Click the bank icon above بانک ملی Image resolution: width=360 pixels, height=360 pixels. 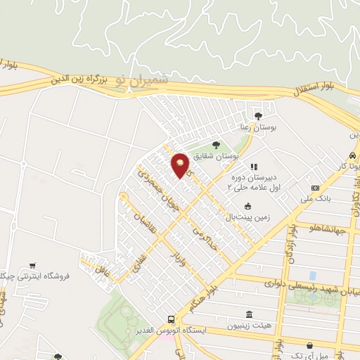point(315,188)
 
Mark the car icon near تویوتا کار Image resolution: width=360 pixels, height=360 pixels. point(351,155)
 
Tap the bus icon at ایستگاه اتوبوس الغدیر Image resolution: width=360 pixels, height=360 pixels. point(172,319)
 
